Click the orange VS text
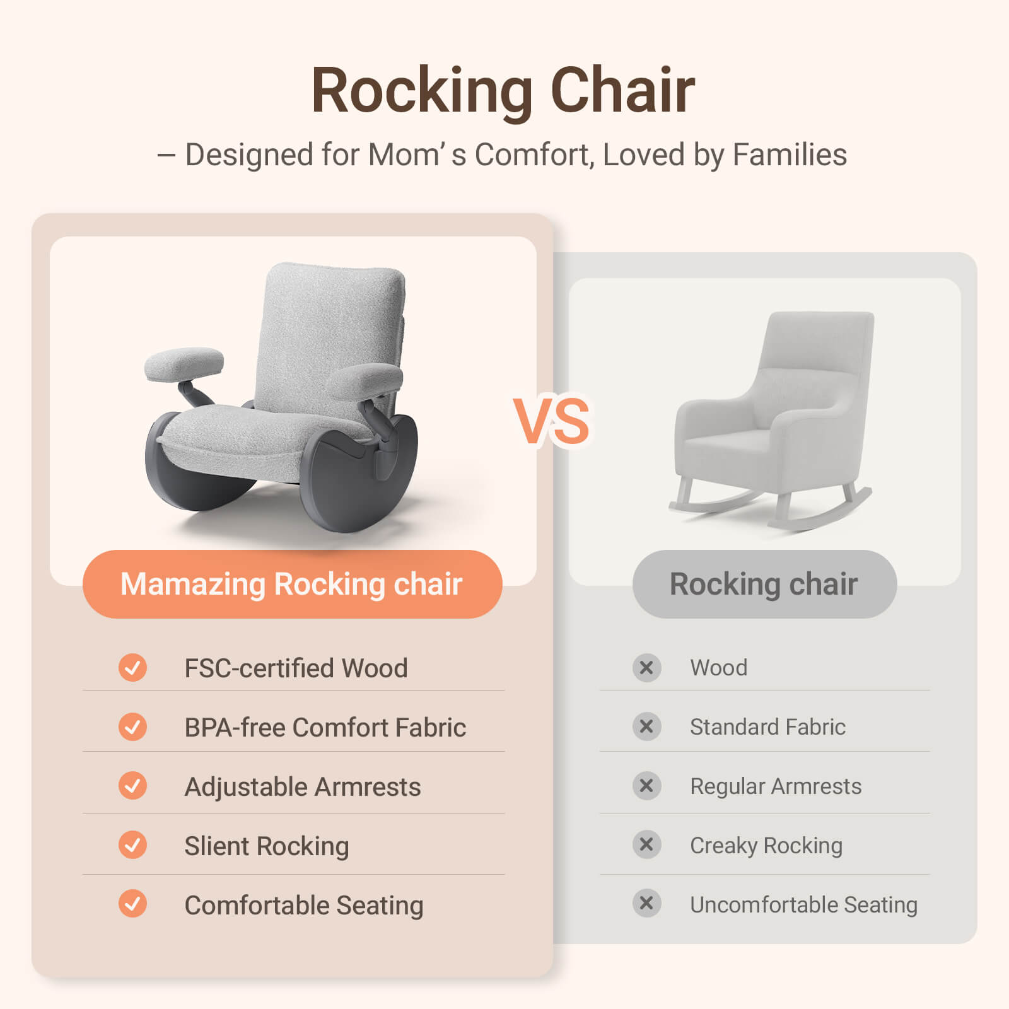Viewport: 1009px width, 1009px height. click(x=552, y=421)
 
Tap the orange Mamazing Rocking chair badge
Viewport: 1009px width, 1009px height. click(x=292, y=584)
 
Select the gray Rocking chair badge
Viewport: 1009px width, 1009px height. click(x=764, y=584)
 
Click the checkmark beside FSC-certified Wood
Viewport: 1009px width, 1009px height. click(x=132, y=667)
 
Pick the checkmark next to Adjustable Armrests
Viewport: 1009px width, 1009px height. click(x=132, y=786)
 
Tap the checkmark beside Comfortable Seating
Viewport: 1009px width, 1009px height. click(x=132, y=904)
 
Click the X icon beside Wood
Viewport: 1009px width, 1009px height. click(x=646, y=667)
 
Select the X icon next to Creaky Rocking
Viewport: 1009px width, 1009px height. click(x=646, y=844)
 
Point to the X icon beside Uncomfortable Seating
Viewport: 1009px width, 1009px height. click(x=646, y=903)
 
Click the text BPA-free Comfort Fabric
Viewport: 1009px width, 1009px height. click(x=325, y=727)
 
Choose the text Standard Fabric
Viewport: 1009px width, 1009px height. click(x=767, y=726)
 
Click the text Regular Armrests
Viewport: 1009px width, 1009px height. click(x=775, y=786)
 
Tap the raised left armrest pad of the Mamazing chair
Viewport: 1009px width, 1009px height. click(x=184, y=364)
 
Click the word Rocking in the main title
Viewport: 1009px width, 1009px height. click(x=423, y=91)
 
